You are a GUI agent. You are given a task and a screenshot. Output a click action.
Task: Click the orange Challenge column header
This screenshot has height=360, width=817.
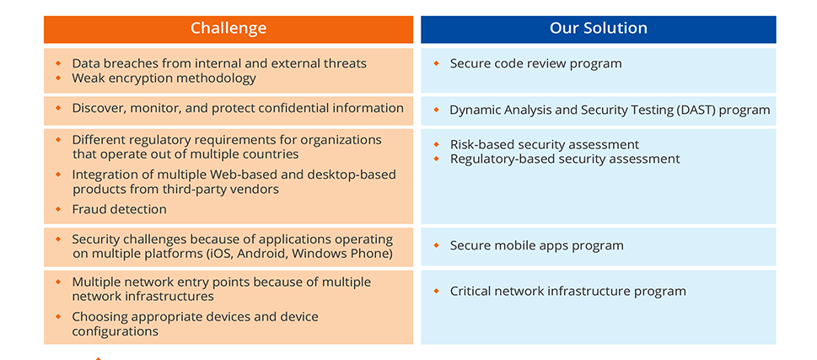(x=228, y=29)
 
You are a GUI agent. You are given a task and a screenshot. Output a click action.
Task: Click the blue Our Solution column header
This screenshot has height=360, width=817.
(x=598, y=29)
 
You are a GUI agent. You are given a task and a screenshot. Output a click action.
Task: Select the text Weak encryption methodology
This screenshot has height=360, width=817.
(x=164, y=78)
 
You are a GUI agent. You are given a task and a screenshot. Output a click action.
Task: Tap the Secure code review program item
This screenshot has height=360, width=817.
(x=535, y=63)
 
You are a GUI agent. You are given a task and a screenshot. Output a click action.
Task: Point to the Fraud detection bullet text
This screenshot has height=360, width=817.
(x=119, y=209)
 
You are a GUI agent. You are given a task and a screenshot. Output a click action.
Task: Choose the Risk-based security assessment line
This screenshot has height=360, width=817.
(x=544, y=144)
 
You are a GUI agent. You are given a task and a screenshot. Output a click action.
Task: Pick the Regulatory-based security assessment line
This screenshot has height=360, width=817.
(x=564, y=159)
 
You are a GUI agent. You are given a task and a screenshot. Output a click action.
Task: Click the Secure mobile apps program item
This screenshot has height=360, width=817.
(x=536, y=245)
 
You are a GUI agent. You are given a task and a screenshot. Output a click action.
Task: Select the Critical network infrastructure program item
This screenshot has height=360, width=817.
(x=567, y=291)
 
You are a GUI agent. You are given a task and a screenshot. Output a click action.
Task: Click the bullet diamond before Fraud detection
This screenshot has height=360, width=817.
(x=58, y=208)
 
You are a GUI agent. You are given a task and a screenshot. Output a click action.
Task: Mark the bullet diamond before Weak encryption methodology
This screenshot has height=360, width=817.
(x=58, y=78)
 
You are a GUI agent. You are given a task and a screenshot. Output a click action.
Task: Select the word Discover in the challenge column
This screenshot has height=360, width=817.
(x=99, y=108)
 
